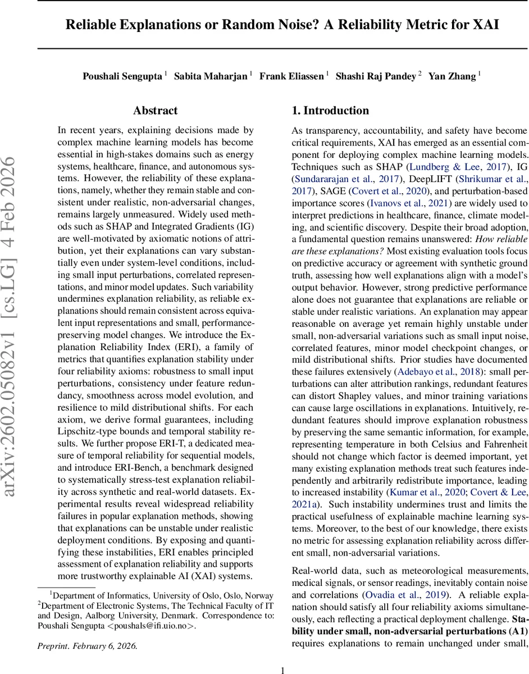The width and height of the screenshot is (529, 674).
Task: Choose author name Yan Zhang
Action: click(452, 76)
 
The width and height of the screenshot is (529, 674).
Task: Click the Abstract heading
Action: click(156, 111)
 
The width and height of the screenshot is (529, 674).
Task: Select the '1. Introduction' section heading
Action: click(330, 111)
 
